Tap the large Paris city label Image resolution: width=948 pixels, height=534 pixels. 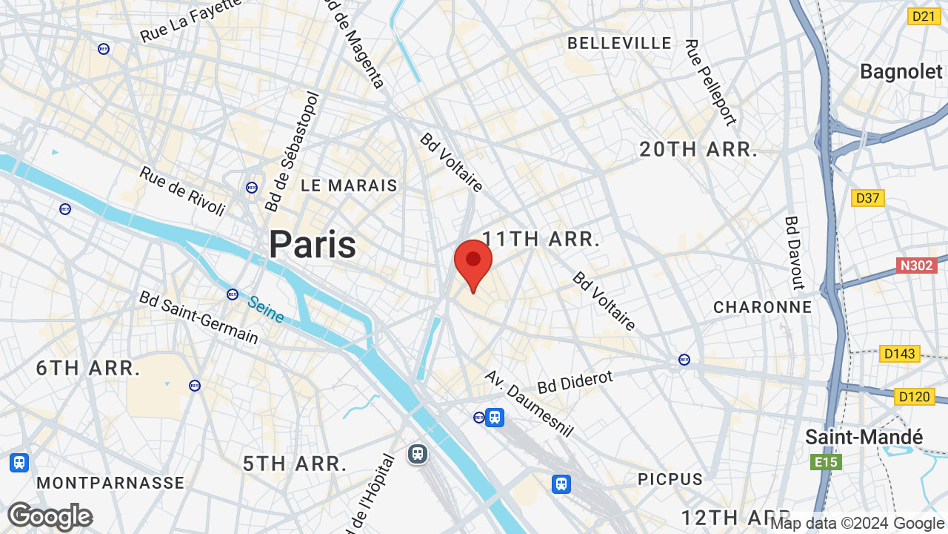[x=312, y=244]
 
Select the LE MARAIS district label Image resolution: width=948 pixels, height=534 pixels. [x=349, y=185]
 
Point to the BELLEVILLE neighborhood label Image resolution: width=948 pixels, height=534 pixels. [x=619, y=44]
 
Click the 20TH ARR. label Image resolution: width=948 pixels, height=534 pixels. [x=698, y=150]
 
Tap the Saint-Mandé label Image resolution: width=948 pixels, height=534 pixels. [x=864, y=437]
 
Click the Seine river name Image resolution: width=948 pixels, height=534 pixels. [x=266, y=309]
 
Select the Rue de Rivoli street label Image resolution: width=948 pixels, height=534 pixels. [x=182, y=191]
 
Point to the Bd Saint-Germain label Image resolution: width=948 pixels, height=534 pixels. [x=198, y=317]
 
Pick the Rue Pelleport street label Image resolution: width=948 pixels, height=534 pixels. [x=710, y=82]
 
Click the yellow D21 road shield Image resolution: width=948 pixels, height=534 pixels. [x=924, y=16]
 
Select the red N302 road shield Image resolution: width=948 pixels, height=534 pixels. [x=917, y=266]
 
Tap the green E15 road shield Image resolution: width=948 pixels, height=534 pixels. [x=826, y=463]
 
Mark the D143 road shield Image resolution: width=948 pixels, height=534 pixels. [x=900, y=354]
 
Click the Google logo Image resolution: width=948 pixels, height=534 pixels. [x=50, y=516]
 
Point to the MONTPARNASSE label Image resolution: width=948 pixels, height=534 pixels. [x=110, y=483]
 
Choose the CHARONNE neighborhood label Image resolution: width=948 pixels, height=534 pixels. [x=762, y=307]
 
